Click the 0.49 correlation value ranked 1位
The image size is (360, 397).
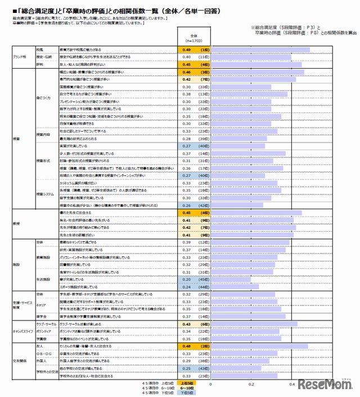click(187, 50)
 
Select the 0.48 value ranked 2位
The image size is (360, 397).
click(187, 347)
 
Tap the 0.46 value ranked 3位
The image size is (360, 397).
click(187, 73)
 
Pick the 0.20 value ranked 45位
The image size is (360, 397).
click(187, 279)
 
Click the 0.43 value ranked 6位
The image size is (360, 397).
click(187, 324)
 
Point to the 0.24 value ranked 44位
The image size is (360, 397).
click(187, 286)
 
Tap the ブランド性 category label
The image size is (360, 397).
click(20, 57)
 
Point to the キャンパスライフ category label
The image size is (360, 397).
click(22, 332)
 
